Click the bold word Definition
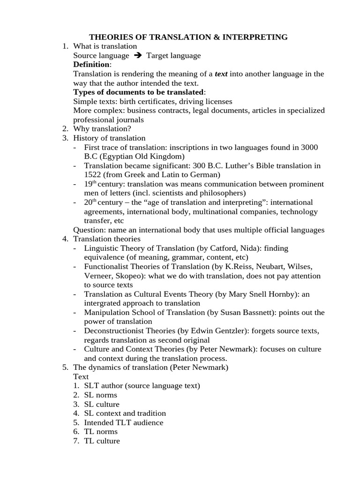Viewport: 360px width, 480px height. [x=91, y=65]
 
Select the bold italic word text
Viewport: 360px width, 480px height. [x=221, y=74]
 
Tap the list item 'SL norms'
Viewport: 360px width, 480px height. [x=101, y=395]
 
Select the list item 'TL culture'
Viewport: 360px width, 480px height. [x=102, y=441]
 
